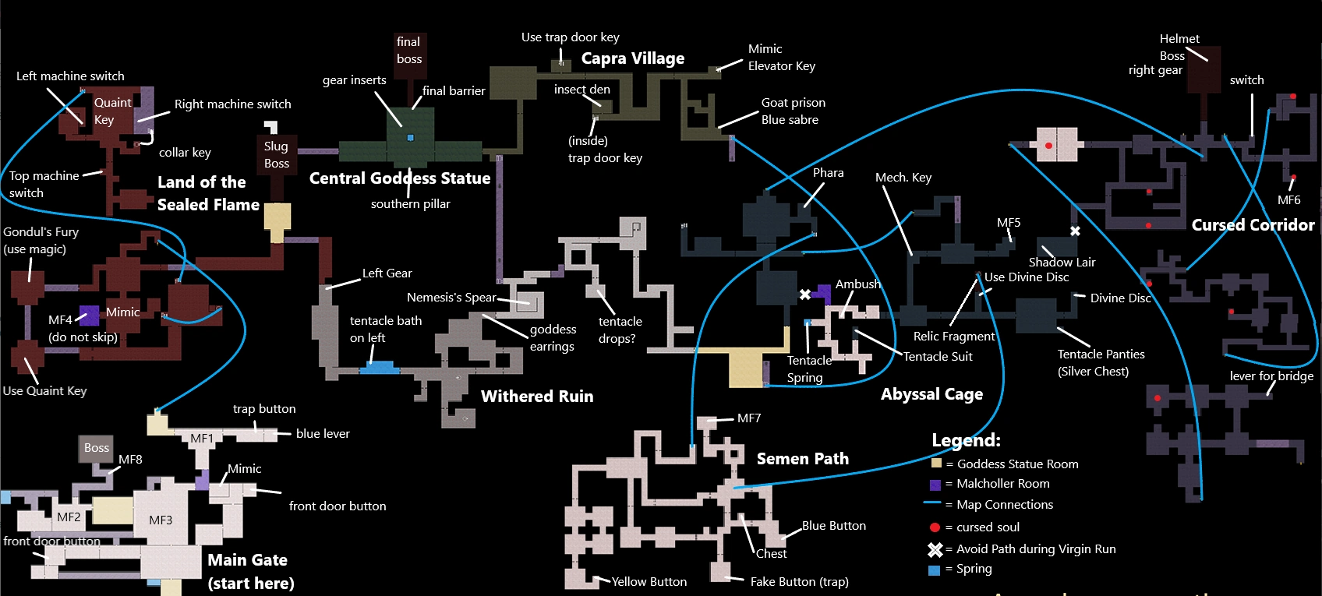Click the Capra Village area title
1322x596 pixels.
632,58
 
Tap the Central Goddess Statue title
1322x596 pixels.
400,178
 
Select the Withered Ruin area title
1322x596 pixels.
537,397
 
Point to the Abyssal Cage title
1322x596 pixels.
931,394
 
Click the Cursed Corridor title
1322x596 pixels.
1253,225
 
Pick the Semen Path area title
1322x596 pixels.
802,459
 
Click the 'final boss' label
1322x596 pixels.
408,51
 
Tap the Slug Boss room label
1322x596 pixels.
276,155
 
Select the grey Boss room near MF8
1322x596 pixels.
97,448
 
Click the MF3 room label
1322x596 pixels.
161,520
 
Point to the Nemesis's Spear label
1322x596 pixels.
451,298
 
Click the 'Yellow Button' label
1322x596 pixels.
649,582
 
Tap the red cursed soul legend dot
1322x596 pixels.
935,527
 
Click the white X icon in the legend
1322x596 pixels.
935,549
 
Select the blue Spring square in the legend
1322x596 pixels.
935,570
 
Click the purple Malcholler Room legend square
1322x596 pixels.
935,485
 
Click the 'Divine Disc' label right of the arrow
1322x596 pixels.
1120,298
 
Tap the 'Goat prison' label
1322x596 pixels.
793,103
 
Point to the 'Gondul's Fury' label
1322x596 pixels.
41,232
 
